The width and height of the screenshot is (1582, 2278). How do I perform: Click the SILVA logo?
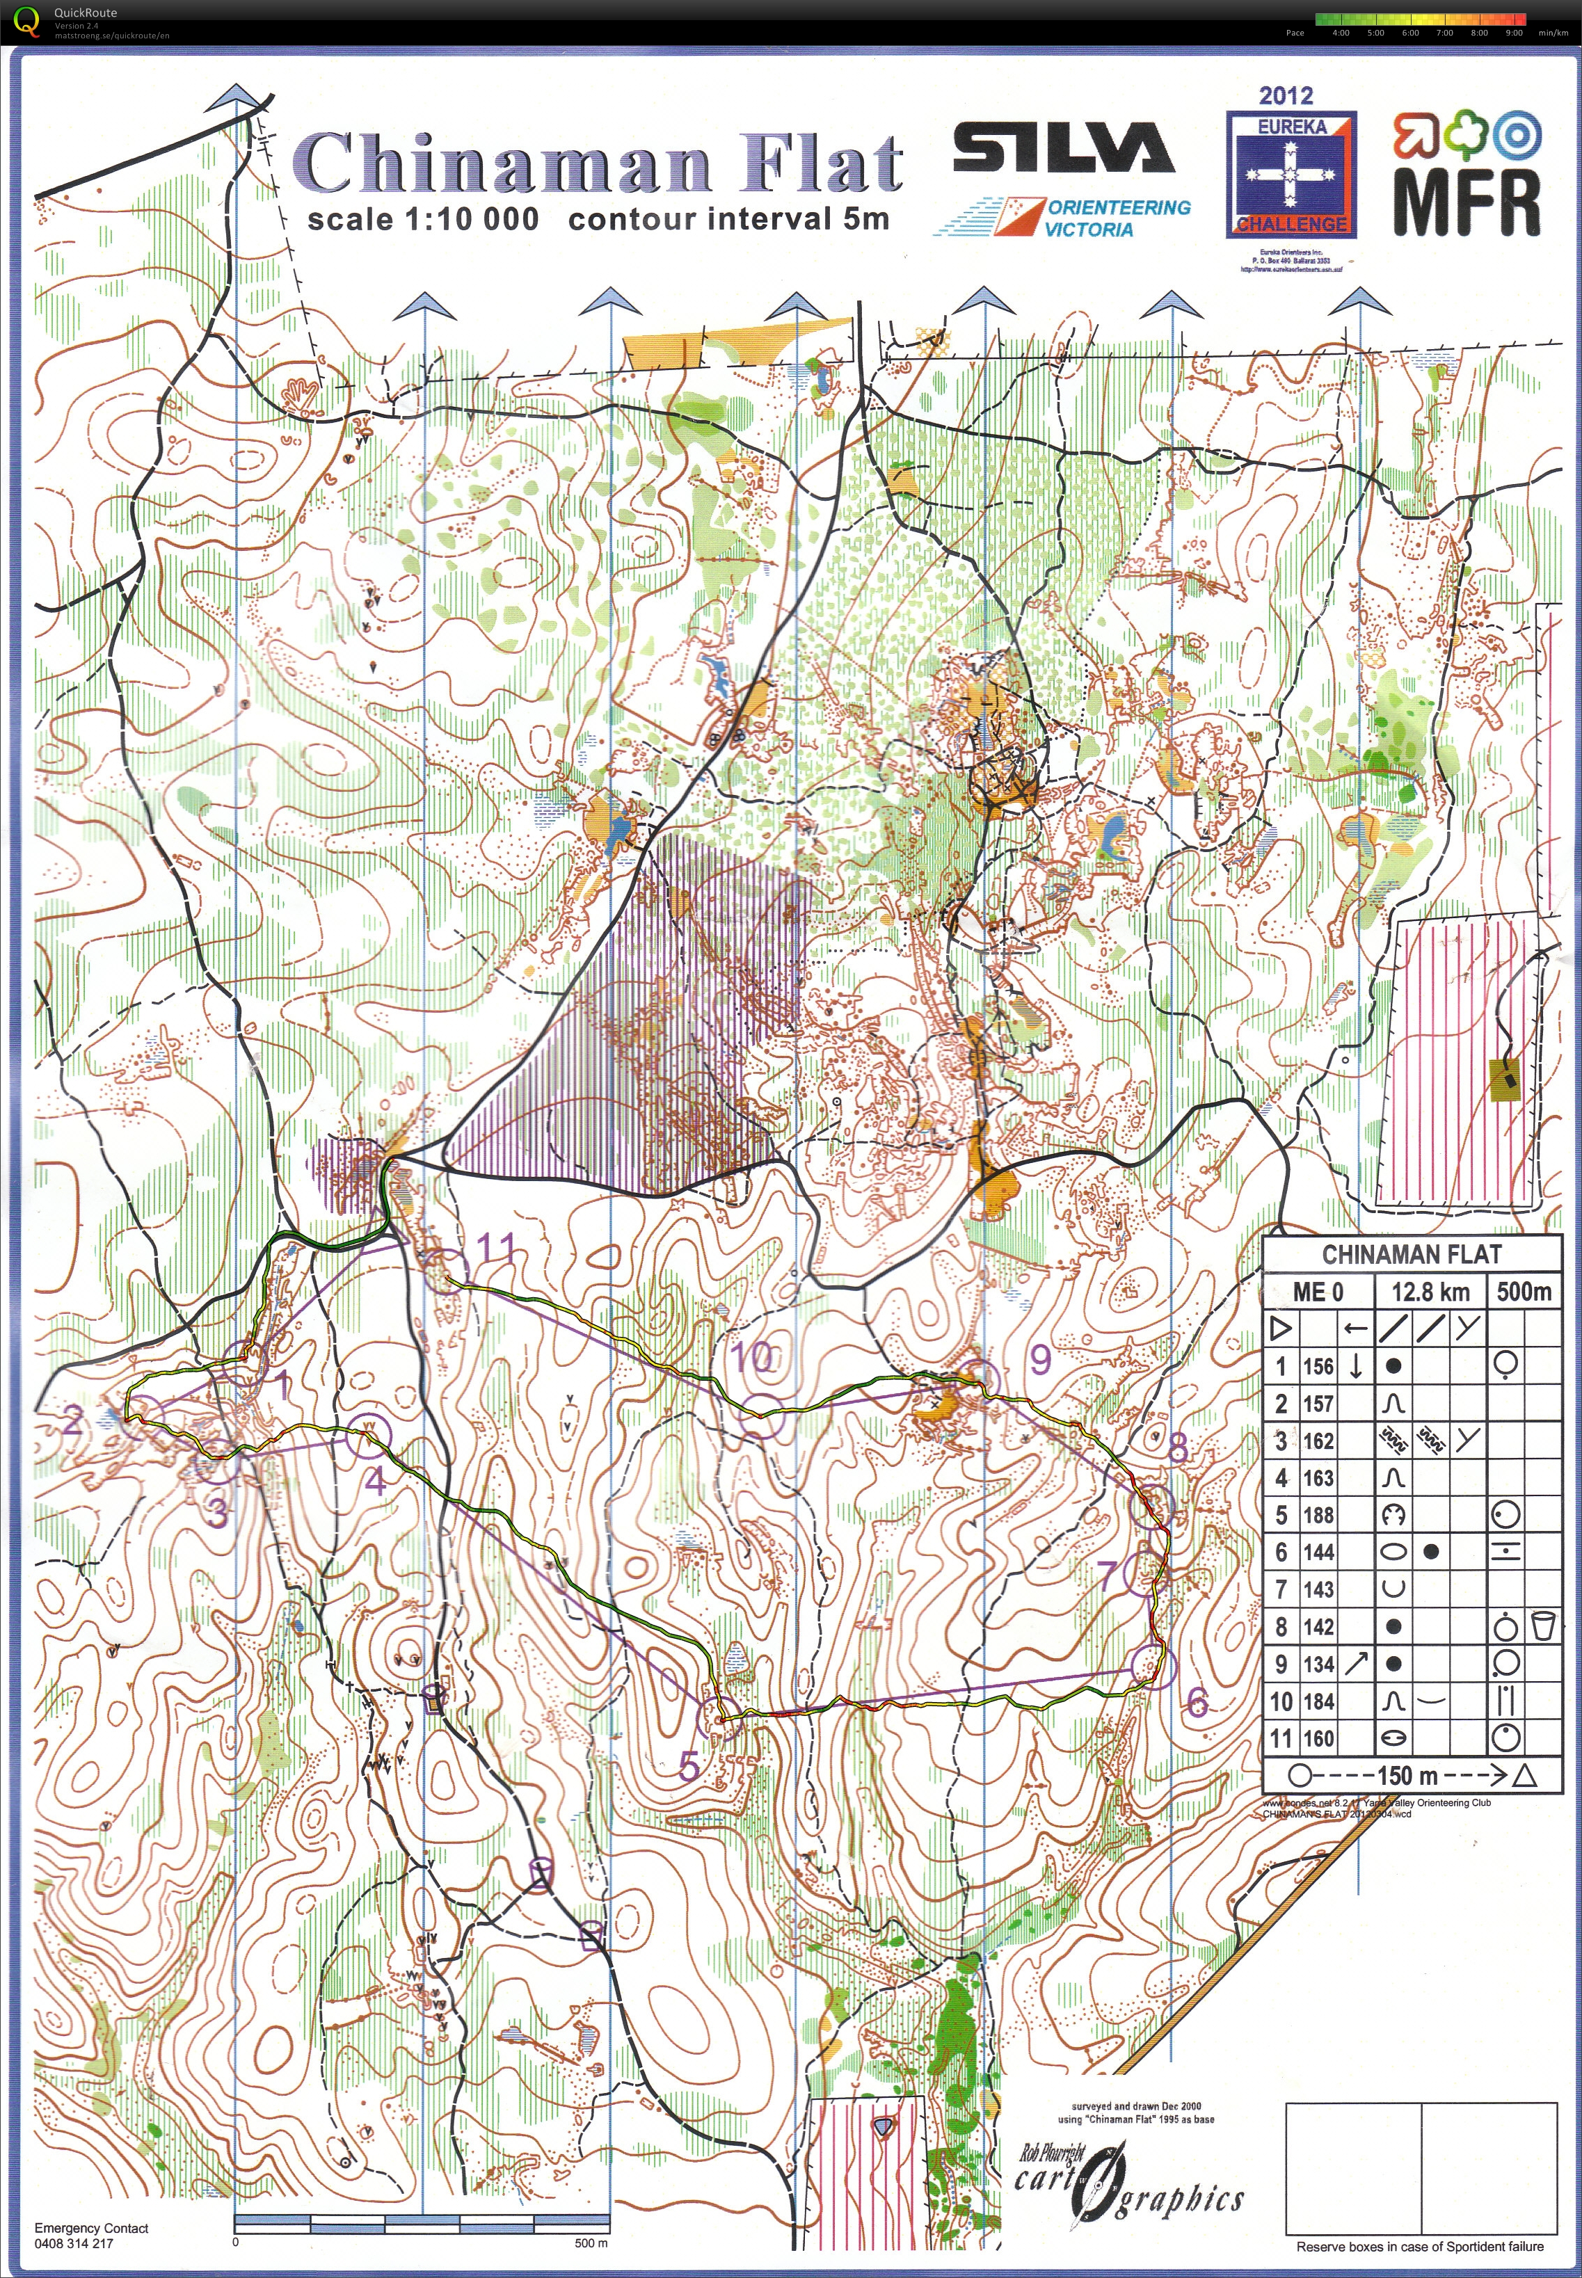click(1062, 149)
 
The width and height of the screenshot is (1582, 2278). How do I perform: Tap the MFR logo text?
click(1467, 203)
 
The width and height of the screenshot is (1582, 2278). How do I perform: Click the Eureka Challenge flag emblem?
click(1291, 171)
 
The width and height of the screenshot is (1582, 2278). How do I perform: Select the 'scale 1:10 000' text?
click(422, 219)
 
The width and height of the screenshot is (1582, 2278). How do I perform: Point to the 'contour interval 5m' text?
click(728, 219)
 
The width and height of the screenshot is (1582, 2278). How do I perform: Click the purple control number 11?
click(495, 1247)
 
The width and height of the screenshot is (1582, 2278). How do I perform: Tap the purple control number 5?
click(689, 1765)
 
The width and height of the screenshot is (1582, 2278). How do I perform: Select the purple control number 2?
click(72, 1423)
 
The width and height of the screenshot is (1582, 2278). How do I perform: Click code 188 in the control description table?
click(1318, 1515)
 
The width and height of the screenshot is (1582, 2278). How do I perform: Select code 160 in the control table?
click(1318, 1738)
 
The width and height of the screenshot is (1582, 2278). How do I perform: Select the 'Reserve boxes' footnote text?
click(1419, 2246)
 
